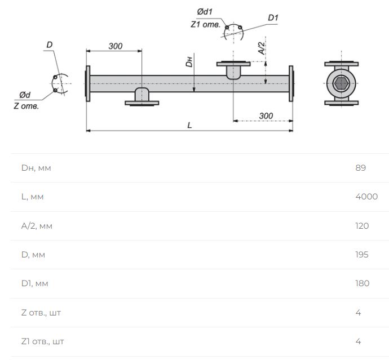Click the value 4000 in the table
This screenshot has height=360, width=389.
366,197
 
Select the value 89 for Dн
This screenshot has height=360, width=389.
360,167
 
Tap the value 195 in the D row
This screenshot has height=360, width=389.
362,255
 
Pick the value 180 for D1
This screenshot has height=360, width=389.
362,283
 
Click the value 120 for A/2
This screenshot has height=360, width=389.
362,225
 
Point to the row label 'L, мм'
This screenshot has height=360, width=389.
32,197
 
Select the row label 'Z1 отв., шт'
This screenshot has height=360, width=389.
42,341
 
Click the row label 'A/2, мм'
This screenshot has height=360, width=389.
37,226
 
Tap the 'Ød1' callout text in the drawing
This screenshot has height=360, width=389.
205,12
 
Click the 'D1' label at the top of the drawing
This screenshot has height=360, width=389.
273,18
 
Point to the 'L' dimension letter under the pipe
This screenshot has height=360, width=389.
189,125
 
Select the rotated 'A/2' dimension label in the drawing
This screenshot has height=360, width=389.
262,48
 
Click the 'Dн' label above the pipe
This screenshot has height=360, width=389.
189,62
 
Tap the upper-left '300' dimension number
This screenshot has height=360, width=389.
116,46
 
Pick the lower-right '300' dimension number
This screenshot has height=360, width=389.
266,116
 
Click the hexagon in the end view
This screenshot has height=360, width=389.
342,83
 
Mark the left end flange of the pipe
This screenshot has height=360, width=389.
87,83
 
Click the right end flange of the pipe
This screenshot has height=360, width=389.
291,83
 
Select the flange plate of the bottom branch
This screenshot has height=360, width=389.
142,103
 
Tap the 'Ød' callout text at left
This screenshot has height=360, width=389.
25,95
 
